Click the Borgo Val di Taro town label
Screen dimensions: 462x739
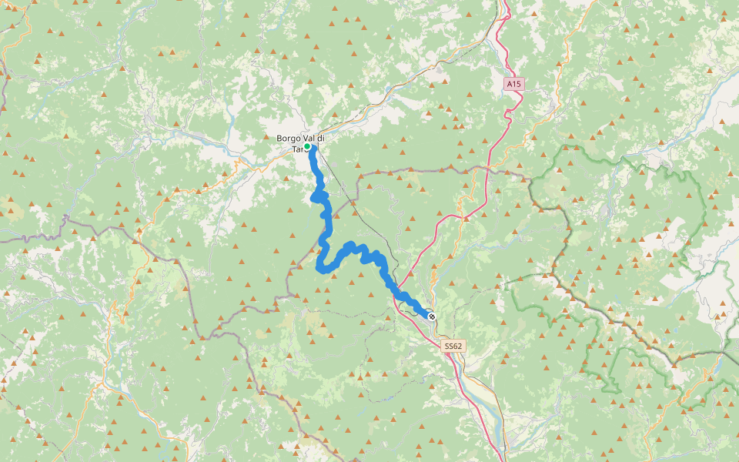coord(300,143)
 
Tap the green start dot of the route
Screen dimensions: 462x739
coord(306,146)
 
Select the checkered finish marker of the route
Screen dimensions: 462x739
coord(432,315)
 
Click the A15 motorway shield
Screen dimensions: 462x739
coord(514,83)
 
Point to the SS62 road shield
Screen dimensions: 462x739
coord(453,346)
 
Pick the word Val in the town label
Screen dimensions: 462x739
coord(310,138)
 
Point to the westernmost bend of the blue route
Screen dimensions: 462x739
coord(319,267)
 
